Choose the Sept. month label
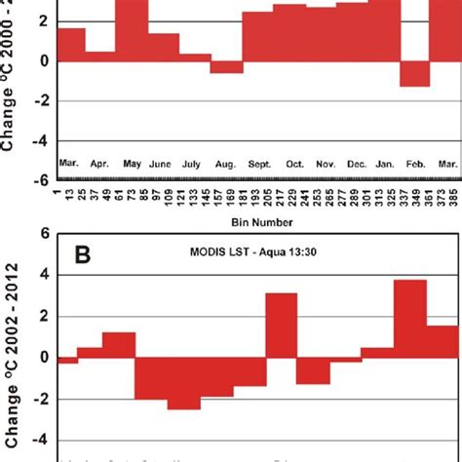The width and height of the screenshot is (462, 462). click(x=258, y=165)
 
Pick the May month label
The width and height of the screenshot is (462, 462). click(x=132, y=165)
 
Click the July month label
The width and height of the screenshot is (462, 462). click(x=195, y=165)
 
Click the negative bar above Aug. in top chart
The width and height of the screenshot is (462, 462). click(x=227, y=67)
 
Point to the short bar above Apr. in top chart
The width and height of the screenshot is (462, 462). click(x=100, y=57)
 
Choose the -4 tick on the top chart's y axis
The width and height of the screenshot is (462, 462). click(x=41, y=140)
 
